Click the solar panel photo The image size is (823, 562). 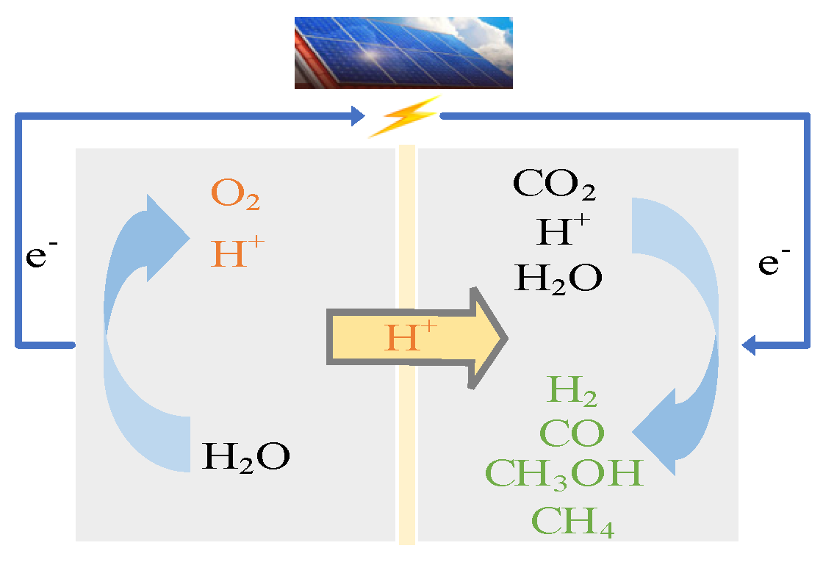pyautogui.click(x=403, y=52)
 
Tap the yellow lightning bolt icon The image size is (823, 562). pyautogui.click(x=403, y=116)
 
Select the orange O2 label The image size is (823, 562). pyautogui.click(x=235, y=195)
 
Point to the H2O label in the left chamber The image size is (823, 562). pyautogui.click(x=245, y=455)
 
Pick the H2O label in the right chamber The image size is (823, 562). pyautogui.click(x=558, y=278)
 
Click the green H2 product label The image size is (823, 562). pyautogui.click(x=572, y=392)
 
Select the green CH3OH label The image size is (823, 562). pyautogui.click(x=564, y=474)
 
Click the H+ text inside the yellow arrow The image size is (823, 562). pyautogui.click(x=411, y=339)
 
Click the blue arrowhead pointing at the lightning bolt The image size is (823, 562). pyautogui.click(x=358, y=115)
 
